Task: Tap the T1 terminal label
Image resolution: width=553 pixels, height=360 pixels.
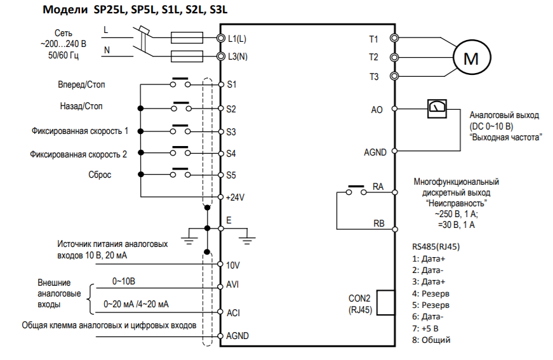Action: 373,39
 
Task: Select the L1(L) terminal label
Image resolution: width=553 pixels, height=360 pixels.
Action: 237,39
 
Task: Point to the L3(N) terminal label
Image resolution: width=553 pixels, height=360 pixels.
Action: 237,57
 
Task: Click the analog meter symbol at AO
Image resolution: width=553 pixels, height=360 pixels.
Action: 435,107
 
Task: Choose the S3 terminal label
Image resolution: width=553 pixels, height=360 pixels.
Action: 232,133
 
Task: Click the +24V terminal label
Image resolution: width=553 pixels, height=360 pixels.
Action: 236,197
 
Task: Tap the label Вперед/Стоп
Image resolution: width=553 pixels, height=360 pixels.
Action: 81,84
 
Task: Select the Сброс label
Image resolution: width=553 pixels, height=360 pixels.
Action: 100,174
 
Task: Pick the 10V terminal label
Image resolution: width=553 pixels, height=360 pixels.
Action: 233,265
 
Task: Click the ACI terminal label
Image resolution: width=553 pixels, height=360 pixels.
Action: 233,313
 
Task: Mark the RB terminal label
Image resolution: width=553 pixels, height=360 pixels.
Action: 378,223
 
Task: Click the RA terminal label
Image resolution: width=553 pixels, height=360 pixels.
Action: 378,187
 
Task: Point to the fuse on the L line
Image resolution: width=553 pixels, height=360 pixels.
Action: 188,38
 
